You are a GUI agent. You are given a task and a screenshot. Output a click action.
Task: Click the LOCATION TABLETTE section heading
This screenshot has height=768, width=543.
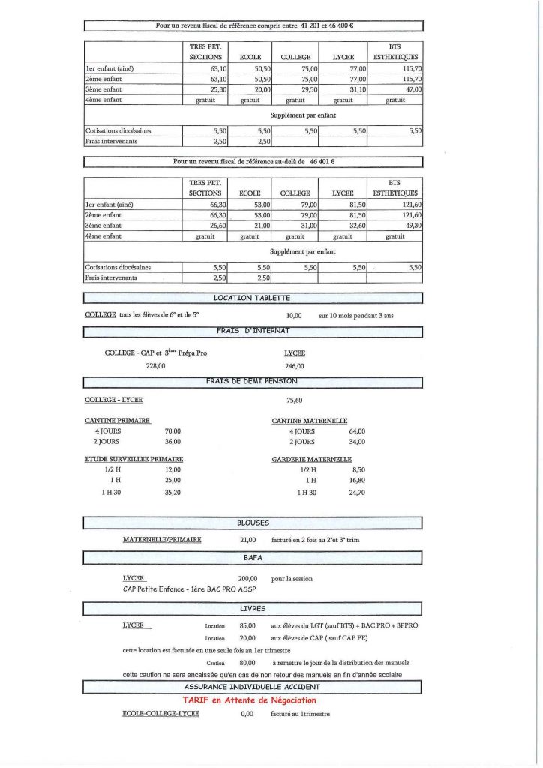coord(252,298)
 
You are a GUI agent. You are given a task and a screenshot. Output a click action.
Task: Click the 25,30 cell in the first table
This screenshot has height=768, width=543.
coord(217,88)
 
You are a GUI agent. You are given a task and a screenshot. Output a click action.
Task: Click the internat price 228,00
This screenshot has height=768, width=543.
coord(155,366)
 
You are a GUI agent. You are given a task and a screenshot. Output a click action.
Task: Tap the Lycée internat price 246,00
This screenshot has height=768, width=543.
coord(294,366)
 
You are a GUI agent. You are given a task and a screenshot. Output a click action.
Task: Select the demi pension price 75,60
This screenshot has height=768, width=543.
coord(294,400)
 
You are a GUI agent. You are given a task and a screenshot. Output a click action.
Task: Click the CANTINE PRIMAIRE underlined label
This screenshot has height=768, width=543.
coord(118,421)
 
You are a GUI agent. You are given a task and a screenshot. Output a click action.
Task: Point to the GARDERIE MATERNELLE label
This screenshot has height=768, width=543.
coord(311,459)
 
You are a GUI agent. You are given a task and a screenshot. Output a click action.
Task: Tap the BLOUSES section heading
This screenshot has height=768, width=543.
coord(252,523)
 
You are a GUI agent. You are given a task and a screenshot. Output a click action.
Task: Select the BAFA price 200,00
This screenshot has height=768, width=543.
coord(247,579)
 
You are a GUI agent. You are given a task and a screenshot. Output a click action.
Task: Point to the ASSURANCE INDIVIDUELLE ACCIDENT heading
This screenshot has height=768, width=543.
coord(252,686)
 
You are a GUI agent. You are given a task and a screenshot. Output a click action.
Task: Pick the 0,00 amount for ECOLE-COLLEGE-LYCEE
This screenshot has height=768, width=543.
coord(247,714)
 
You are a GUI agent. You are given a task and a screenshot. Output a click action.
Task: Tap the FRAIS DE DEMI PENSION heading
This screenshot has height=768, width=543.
coord(252,381)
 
